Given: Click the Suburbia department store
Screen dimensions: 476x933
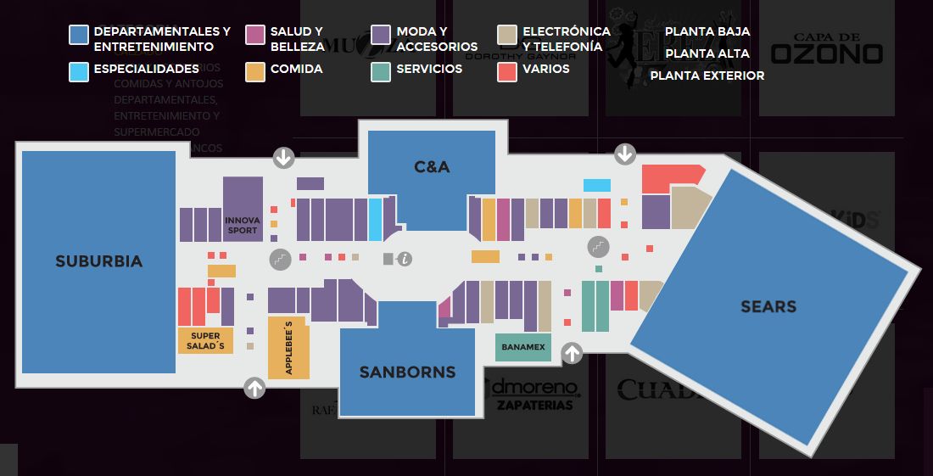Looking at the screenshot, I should tap(98, 261).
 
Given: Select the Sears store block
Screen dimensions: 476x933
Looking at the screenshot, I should tap(768, 306).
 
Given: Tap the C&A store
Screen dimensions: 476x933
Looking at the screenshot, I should tap(432, 167).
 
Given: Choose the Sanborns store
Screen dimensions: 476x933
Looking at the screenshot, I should tap(407, 372).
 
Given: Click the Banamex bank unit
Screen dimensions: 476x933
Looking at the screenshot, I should tap(522, 347).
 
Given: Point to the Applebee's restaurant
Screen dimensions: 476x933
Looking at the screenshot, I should tap(288, 348).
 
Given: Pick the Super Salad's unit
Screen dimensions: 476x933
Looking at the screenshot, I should tap(205, 341).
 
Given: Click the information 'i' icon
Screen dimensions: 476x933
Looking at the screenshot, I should tap(405, 259).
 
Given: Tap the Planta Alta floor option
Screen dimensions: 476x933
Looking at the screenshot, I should tap(707, 53).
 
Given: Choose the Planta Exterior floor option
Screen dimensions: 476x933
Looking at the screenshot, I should tap(707, 76).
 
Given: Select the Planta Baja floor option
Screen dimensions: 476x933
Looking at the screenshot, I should tap(707, 31).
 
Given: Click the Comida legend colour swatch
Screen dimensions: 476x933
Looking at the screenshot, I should tap(254, 72).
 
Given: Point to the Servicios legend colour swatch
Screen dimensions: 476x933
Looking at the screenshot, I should tap(381, 72).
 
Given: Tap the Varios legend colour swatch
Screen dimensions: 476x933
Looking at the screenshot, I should tap(507, 72).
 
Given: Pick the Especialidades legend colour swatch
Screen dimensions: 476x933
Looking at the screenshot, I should tap(79, 72).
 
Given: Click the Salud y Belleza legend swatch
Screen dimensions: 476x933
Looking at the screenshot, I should tap(254, 35).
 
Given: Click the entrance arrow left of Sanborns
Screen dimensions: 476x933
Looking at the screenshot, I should tap(254, 388).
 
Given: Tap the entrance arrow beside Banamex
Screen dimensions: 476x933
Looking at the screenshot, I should tap(573, 353).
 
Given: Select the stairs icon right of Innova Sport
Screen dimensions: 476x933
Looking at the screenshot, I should tap(280, 259).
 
